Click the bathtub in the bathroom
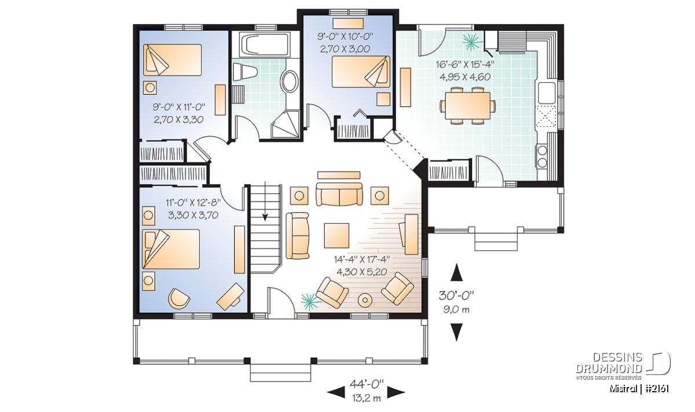[265, 45]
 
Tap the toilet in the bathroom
[245, 72]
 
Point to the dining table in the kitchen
[467, 105]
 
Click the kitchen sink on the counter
[546, 93]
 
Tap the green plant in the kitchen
[472, 42]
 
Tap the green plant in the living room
[310, 301]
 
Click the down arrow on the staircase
[265, 201]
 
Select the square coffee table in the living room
[336, 236]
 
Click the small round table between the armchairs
[365, 300]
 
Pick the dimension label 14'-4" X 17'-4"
[361, 259]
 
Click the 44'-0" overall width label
[367, 384]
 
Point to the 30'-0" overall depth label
[456, 296]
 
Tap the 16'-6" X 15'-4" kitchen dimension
[464, 64]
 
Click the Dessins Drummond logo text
[609, 363]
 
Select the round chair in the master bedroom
[179, 298]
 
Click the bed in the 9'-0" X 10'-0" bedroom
[361, 72]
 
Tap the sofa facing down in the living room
[339, 194]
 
